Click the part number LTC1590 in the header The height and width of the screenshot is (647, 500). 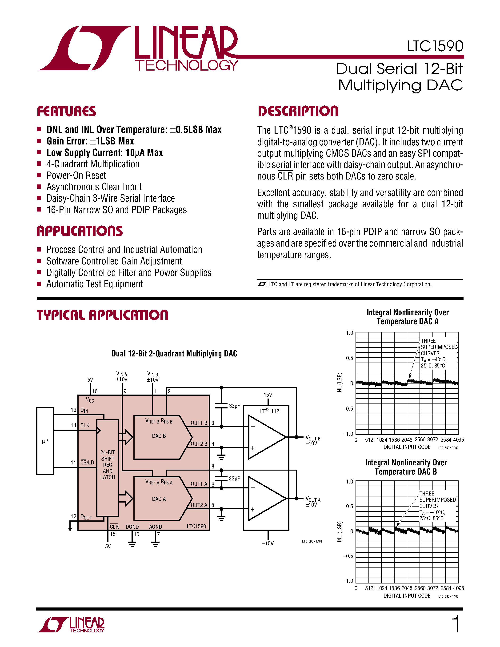coord(435,46)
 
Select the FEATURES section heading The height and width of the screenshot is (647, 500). coord(66,111)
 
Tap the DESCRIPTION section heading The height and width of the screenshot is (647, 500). coord(298,111)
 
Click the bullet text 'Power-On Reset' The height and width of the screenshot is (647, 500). coord(76,176)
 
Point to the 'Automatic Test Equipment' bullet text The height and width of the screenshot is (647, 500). coord(95,284)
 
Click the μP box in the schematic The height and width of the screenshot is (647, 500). coord(45,441)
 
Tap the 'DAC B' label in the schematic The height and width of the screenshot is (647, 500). coord(159,436)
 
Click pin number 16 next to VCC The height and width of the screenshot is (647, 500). coord(95,391)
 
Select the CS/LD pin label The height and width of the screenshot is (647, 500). coord(87,463)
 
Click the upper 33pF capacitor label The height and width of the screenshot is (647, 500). coord(234,406)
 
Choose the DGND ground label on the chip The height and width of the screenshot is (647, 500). coord(132,527)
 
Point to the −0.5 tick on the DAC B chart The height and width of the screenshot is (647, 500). coord(348,556)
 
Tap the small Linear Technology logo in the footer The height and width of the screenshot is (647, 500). coord(71,625)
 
